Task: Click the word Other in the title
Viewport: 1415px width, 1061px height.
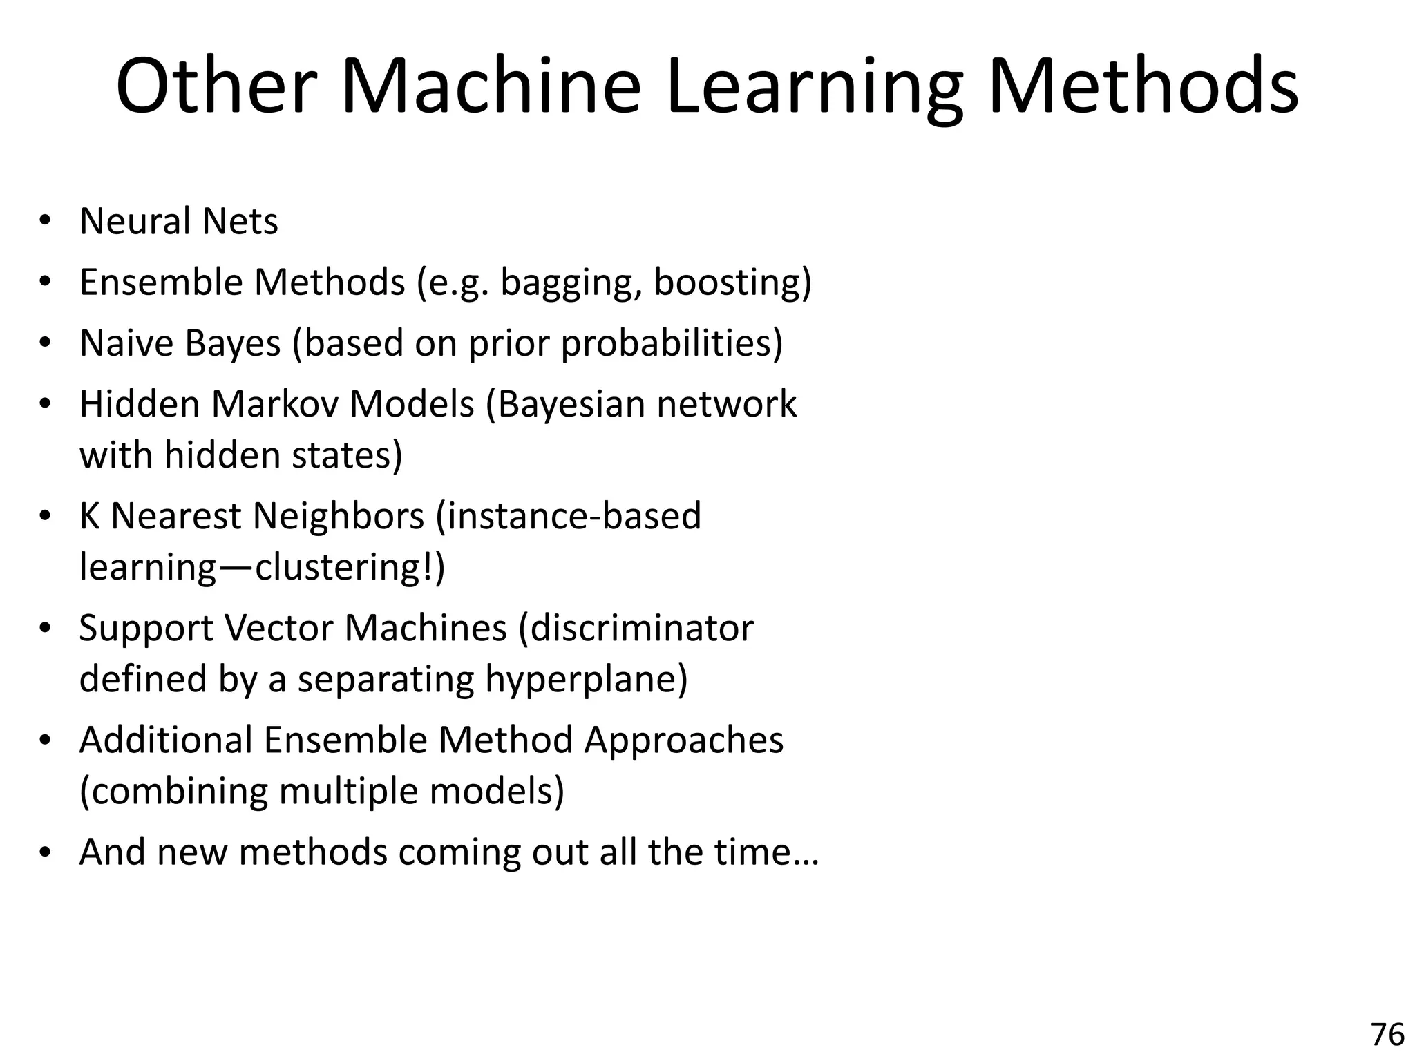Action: (x=211, y=88)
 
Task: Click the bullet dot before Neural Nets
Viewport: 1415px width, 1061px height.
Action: (x=46, y=222)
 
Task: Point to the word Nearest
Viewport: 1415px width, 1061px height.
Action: (x=175, y=516)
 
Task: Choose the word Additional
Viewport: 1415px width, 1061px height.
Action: (x=166, y=740)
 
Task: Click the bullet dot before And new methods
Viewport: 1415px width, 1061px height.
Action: (x=46, y=852)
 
